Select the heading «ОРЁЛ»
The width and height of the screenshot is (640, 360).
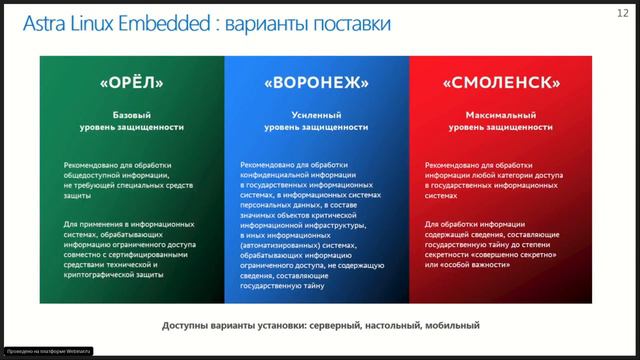click(x=131, y=82)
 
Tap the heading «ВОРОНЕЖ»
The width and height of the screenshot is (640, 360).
click(x=316, y=82)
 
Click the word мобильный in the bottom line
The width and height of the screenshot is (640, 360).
click(x=450, y=325)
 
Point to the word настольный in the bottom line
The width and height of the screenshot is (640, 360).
click(x=385, y=325)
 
